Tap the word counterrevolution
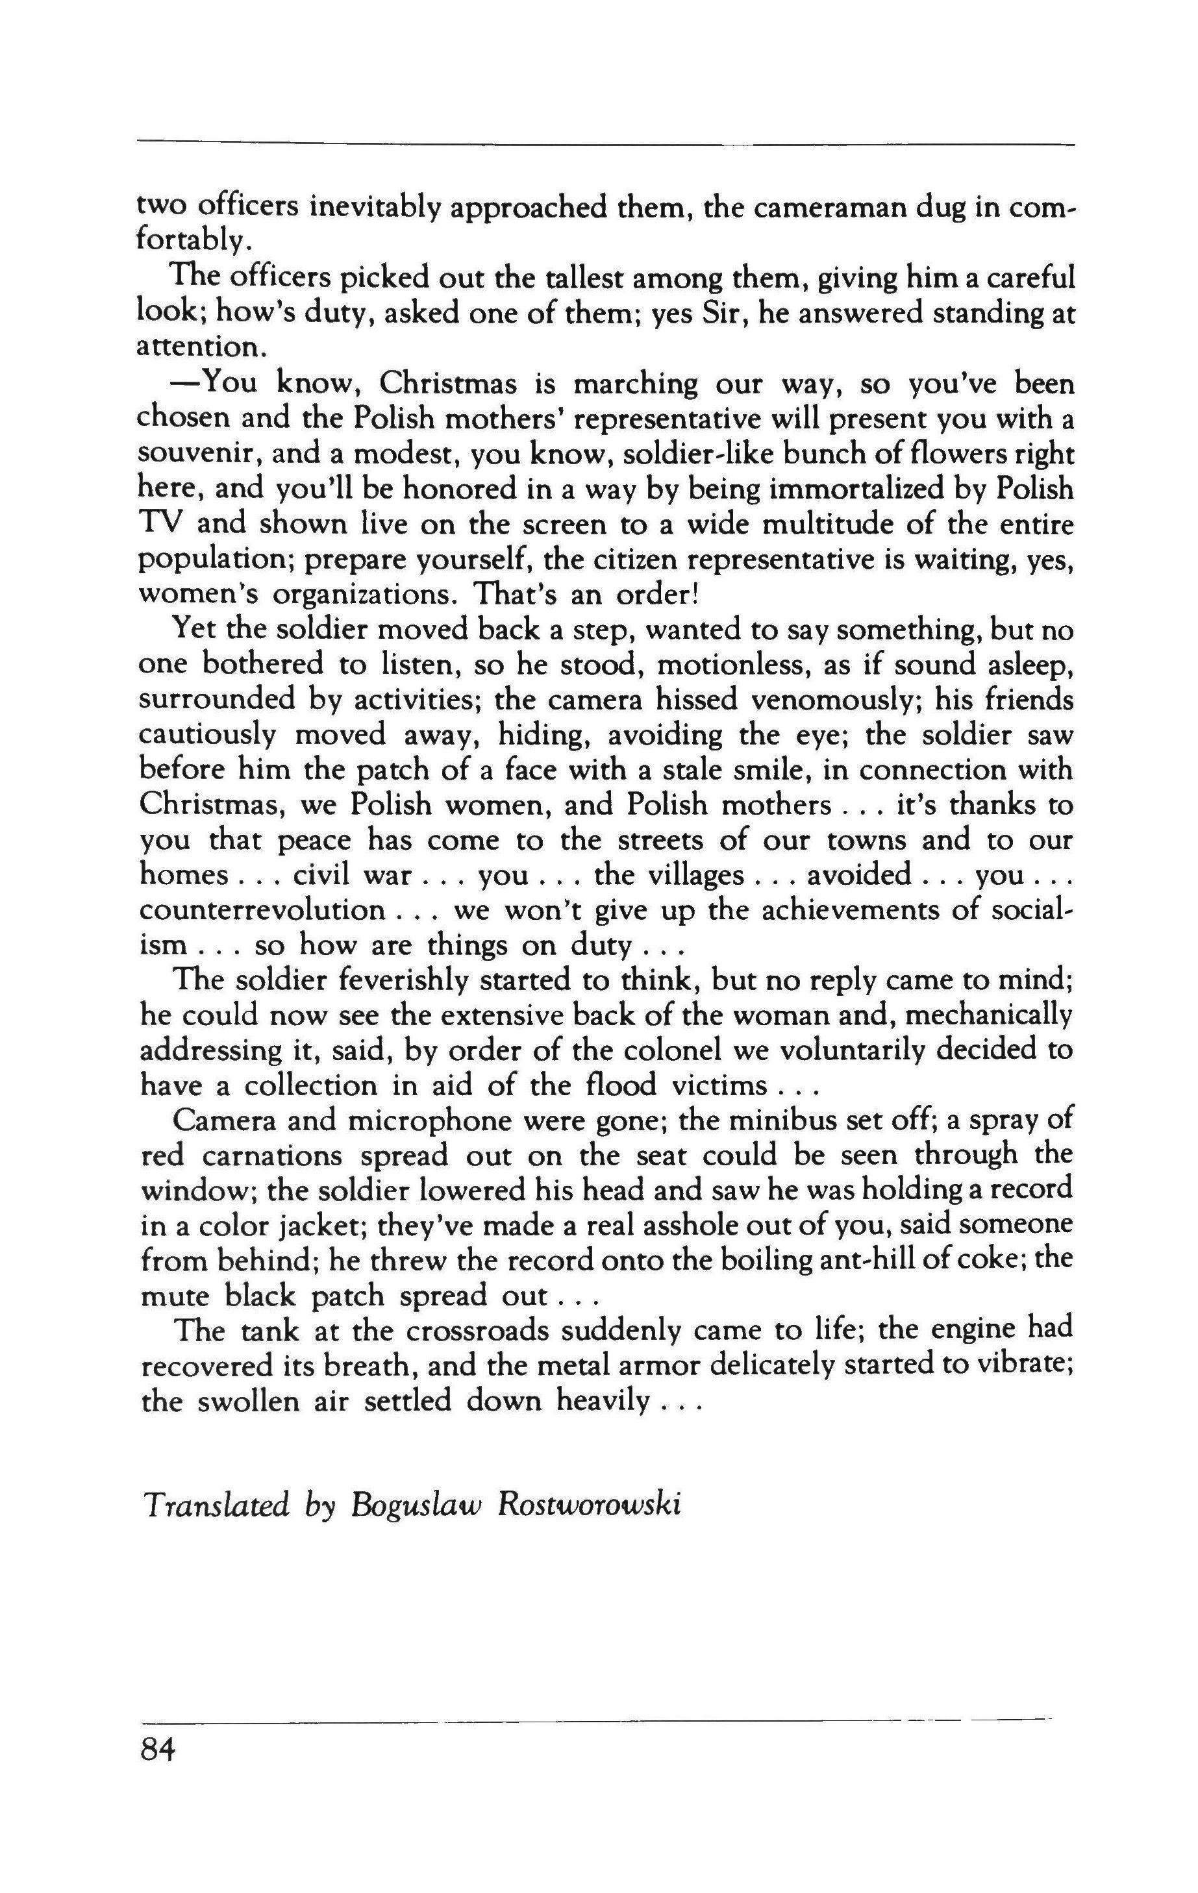pos(262,910)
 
